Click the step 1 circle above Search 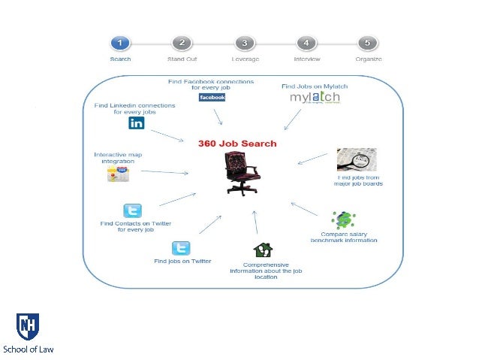[120, 43]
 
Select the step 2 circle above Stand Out [182, 43]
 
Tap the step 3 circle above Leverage [244, 43]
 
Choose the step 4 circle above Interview [306, 43]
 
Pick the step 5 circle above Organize [368, 43]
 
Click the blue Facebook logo [211, 98]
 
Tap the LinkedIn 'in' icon [136, 123]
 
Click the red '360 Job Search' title [237, 144]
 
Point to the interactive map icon [118, 174]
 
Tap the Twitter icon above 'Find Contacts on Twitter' [132, 211]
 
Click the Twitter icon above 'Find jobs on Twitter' [181, 248]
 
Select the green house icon [263, 250]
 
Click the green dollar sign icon [344, 220]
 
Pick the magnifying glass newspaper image [357, 160]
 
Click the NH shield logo [29, 327]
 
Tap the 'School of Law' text [29, 349]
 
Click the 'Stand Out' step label [182, 59]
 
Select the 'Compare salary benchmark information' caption [344, 237]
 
